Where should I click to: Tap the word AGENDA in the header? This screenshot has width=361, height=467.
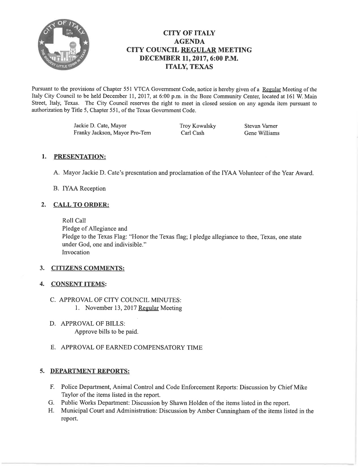pos(189,42)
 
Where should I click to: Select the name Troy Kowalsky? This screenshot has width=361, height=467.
pos(198,126)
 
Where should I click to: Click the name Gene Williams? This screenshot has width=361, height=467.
pos(262,133)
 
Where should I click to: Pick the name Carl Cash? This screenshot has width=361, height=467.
pos(193,133)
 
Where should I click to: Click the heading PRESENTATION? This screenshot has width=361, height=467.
pos(80,157)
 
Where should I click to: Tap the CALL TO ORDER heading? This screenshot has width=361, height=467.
pos(81,205)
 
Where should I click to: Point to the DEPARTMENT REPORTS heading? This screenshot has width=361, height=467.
pos(90,371)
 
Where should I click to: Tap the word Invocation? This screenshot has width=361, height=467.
pos(76,252)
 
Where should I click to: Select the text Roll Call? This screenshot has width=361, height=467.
pos(74,220)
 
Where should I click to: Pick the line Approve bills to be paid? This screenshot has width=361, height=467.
pos(106,331)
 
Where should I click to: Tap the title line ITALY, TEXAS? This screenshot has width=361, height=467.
pos(189,67)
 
